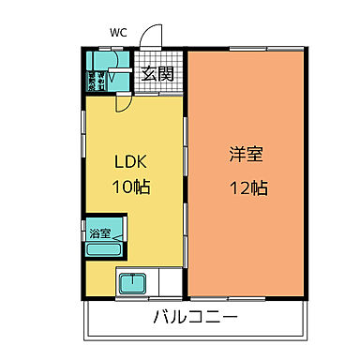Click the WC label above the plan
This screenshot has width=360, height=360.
[x=119, y=33]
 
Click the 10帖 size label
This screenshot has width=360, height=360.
[x=129, y=186]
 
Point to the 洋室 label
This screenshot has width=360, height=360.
[x=247, y=156]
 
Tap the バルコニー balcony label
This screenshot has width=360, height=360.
[x=197, y=317]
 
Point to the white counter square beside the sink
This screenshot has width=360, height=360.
[x=169, y=282]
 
